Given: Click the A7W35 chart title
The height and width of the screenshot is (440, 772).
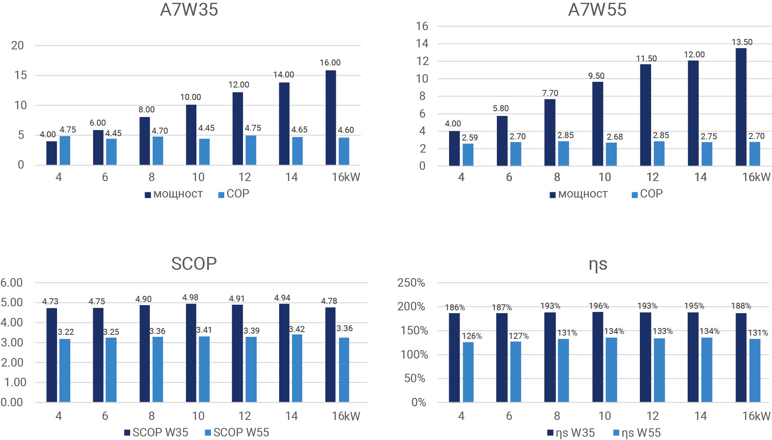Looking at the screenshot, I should click(189, 10).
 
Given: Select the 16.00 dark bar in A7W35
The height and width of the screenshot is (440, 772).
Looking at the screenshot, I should click(331, 118).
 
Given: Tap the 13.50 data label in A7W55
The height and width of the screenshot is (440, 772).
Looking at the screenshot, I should click(742, 42).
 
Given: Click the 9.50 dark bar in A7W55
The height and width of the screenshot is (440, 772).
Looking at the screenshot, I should click(598, 124).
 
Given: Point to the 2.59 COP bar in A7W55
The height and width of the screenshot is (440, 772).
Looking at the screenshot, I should click(468, 155).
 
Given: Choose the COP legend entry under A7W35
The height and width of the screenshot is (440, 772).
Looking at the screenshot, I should click(233, 194).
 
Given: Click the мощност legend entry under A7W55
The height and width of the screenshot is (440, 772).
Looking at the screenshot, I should click(578, 194).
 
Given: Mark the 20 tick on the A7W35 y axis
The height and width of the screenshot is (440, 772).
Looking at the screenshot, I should click(18, 45).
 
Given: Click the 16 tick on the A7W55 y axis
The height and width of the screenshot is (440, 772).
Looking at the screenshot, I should click(422, 26).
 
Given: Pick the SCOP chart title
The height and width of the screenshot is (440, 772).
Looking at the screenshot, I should click(194, 264).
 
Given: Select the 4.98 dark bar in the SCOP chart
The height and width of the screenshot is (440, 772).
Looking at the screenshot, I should click(191, 353).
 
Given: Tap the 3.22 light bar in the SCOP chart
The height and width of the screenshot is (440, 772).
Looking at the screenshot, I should click(65, 371).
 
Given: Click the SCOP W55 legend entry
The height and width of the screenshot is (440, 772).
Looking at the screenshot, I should click(237, 432).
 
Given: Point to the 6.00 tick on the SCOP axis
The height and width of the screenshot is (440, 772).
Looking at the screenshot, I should click(12, 283).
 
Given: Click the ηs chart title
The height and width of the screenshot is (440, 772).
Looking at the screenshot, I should click(598, 264).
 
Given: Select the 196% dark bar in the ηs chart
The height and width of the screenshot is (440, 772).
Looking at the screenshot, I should click(598, 357).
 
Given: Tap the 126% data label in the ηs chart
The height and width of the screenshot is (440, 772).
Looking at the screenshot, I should click(472, 336).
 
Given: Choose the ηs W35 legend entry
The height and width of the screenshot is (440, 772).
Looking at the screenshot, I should click(571, 433).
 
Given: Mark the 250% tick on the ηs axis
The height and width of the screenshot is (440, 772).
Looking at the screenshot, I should click(411, 283).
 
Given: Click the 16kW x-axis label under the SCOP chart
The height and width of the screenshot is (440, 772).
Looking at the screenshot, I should click(346, 416).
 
